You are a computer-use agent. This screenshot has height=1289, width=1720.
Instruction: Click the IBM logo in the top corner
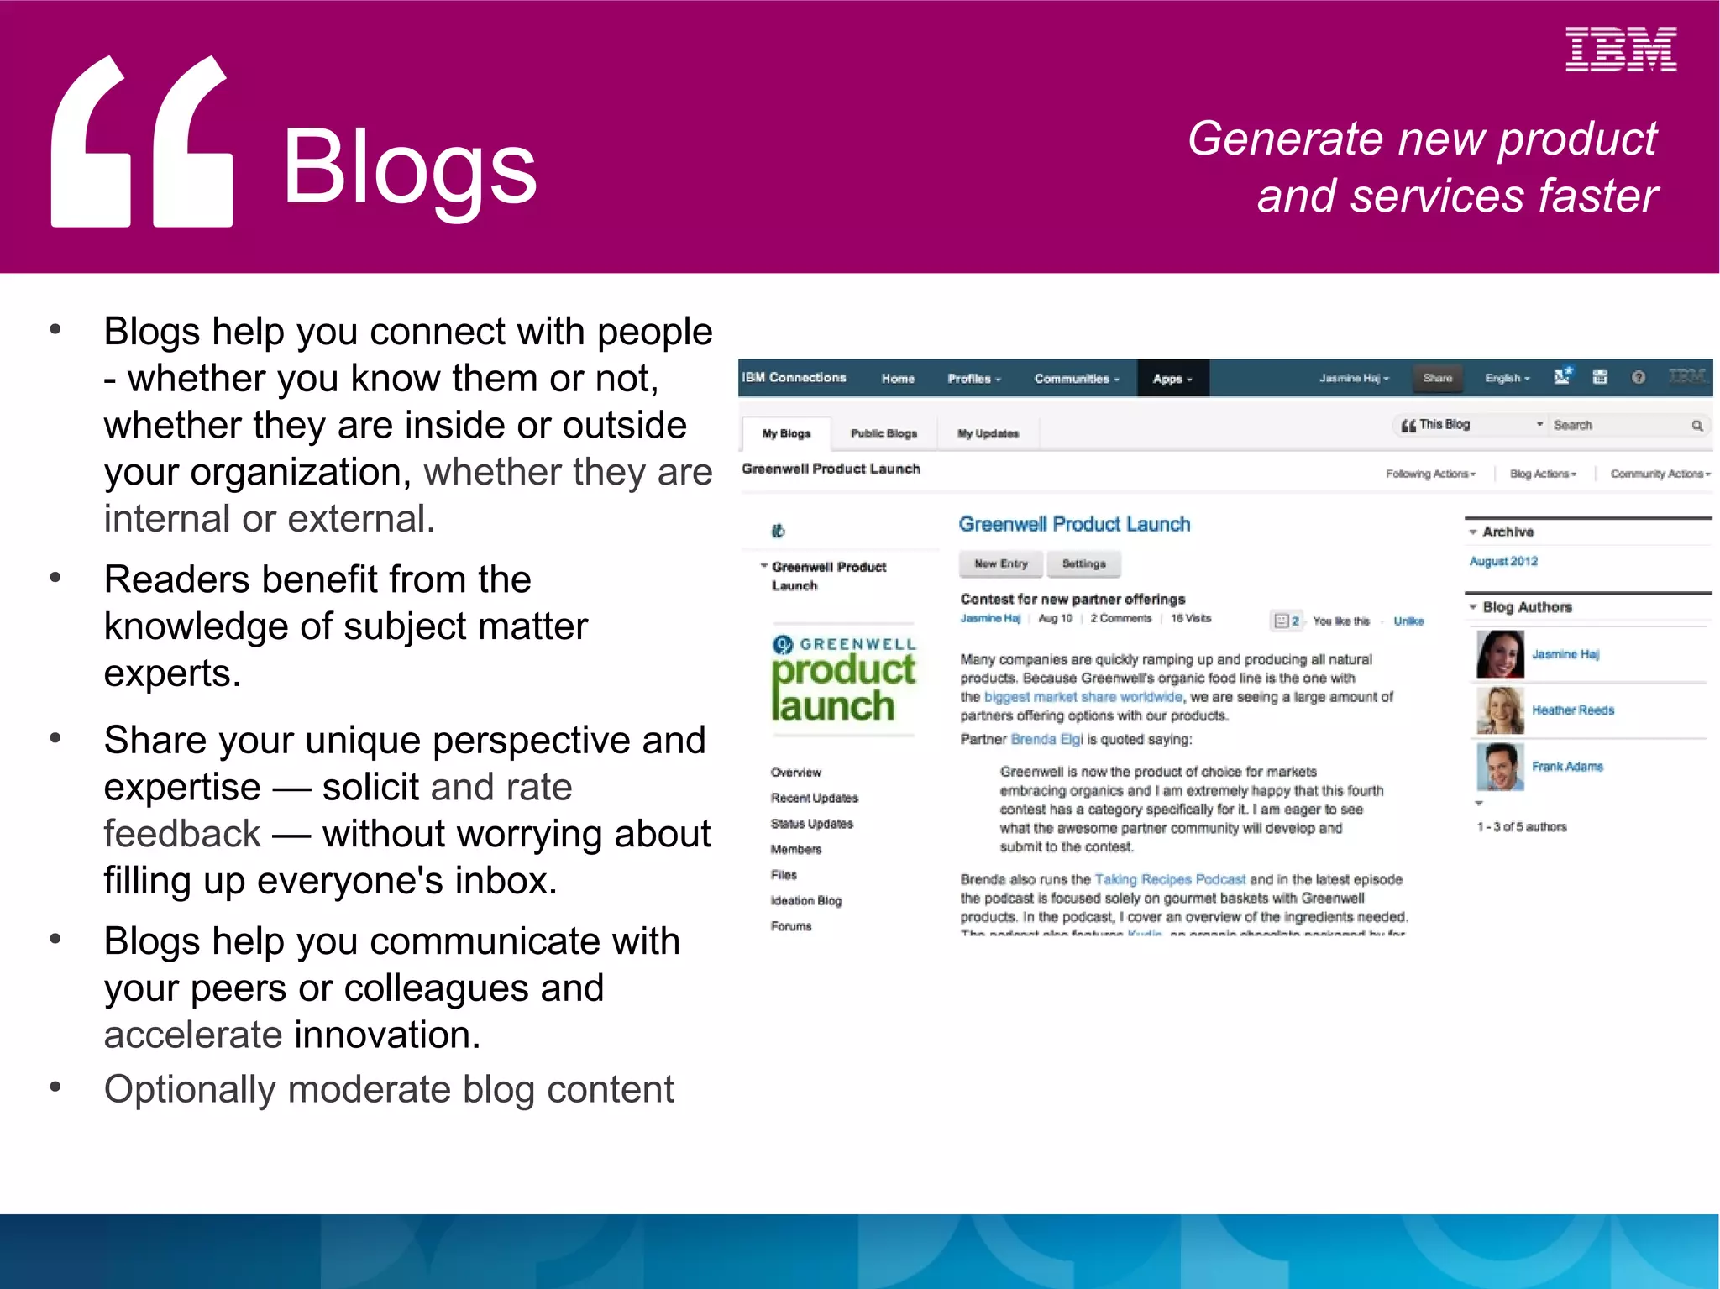[x=1620, y=50]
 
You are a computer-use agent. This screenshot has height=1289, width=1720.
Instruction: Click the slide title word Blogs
[x=409, y=168]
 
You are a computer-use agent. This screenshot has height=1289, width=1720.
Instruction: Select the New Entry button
[x=1000, y=564]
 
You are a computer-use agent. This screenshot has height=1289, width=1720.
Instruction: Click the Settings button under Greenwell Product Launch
[x=1083, y=564]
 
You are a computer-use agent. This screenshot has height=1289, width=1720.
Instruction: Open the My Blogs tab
[x=786, y=433]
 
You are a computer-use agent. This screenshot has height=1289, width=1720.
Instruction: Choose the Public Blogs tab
[x=884, y=433]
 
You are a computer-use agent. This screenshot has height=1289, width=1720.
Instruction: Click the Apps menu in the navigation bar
[x=1172, y=379]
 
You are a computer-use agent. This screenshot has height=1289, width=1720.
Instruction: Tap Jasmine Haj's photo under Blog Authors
[x=1500, y=654]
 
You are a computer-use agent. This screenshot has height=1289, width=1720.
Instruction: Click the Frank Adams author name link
[x=1567, y=767]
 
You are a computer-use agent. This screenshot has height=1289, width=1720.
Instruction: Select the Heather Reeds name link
[x=1572, y=710]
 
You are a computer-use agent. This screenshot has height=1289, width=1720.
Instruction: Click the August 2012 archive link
[x=1503, y=562]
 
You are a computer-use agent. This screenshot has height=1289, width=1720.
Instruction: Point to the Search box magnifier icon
[x=1696, y=426]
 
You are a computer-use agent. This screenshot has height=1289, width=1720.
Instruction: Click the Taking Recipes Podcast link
[x=1170, y=879]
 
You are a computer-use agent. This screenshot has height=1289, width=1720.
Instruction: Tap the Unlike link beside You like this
[x=1408, y=621]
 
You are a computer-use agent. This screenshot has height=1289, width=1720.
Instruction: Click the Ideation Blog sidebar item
[x=806, y=901]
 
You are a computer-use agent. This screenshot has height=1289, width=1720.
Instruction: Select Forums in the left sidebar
[x=791, y=926]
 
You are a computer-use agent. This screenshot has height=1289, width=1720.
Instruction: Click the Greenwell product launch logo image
[x=843, y=680]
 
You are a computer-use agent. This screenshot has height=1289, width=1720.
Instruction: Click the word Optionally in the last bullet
[x=190, y=1090]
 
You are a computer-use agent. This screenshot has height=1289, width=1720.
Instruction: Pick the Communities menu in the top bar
[x=1076, y=379]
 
